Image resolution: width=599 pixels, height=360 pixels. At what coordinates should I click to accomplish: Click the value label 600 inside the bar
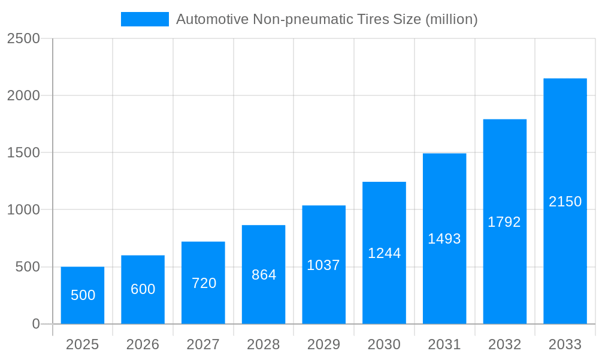(x=143, y=289)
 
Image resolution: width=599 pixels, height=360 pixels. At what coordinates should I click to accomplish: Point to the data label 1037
(x=323, y=265)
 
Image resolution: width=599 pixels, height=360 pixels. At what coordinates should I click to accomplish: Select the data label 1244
(x=384, y=253)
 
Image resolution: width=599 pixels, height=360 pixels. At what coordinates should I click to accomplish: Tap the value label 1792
(x=504, y=222)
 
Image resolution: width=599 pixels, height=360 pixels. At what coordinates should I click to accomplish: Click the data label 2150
(x=565, y=202)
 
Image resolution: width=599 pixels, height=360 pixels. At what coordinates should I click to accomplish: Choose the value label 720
(x=204, y=283)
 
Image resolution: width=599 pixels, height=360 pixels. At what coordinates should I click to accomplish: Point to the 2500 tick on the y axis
(x=23, y=38)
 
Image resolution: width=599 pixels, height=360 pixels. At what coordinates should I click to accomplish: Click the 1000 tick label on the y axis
(x=23, y=210)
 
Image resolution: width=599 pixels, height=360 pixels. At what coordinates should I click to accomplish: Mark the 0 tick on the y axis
(x=35, y=324)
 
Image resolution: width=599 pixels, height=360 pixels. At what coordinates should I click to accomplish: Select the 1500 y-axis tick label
(x=23, y=153)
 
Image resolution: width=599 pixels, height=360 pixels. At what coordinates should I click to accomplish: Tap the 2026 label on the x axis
(x=143, y=344)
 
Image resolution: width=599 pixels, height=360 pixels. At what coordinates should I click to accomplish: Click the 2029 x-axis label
(x=323, y=344)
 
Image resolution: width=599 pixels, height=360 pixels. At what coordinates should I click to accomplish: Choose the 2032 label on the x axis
(x=504, y=344)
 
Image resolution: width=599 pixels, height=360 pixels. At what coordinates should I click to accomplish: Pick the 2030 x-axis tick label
(x=384, y=344)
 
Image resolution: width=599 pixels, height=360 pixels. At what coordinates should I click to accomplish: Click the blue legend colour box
(x=145, y=19)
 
